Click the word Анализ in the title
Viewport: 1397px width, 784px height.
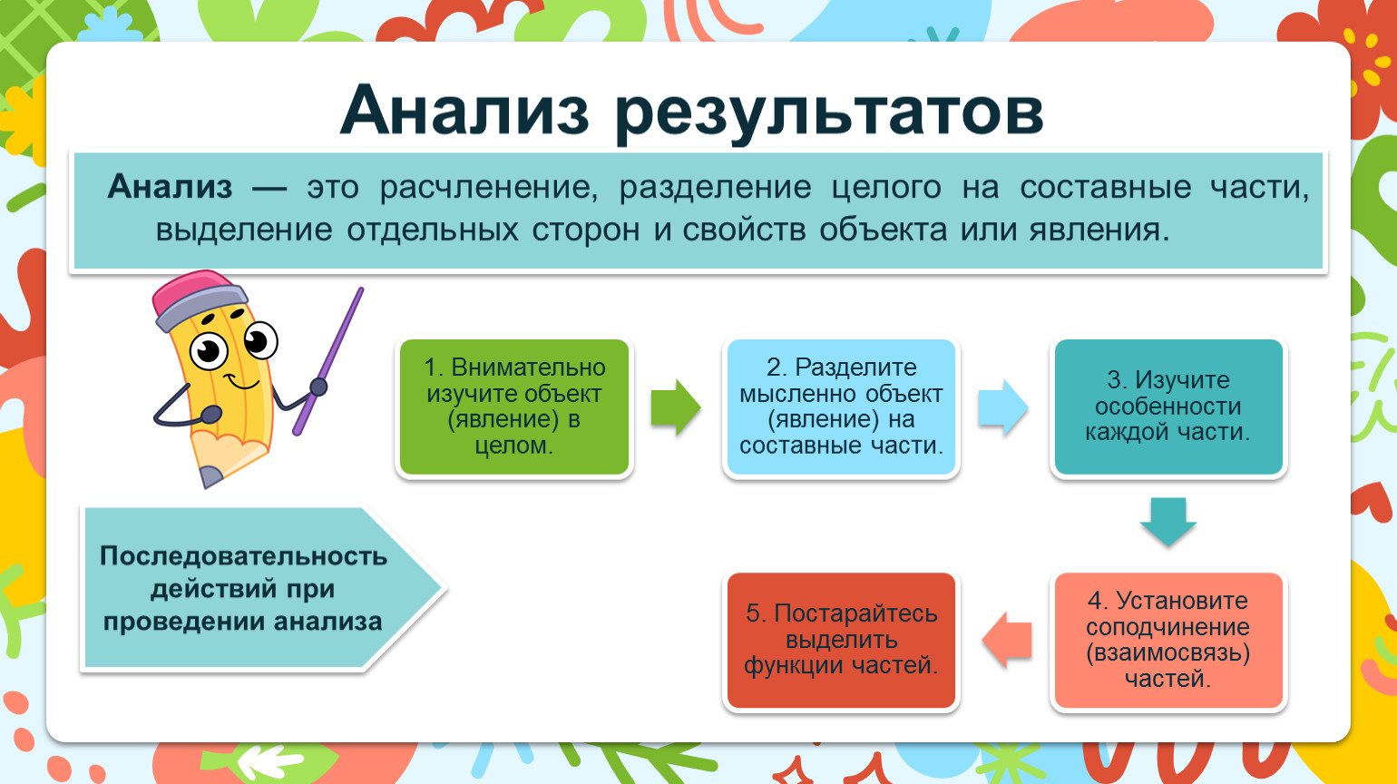tap(464, 111)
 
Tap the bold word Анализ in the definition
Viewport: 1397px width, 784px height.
tap(171, 187)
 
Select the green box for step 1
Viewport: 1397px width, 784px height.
tap(513, 407)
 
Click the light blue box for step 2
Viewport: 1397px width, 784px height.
tap(841, 407)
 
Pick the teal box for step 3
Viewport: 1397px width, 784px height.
tap(1168, 407)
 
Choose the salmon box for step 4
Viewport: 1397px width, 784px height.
tap(1168, 640)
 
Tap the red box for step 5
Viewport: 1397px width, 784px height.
tap(841, 640)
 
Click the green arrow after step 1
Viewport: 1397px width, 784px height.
tap(676, 408)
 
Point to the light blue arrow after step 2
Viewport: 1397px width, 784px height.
tap(1003, 408)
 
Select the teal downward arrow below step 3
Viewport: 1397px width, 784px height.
tap(1168, 523)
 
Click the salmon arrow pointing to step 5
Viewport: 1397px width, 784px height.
tap(1007, 640)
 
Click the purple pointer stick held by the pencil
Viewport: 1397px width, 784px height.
tap(328, 362)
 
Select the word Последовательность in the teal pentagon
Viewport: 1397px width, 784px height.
tap(243, 555)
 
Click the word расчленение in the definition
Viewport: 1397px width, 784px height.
tap(488, 188)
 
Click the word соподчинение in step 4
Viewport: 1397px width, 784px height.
tap(1167, 627)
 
